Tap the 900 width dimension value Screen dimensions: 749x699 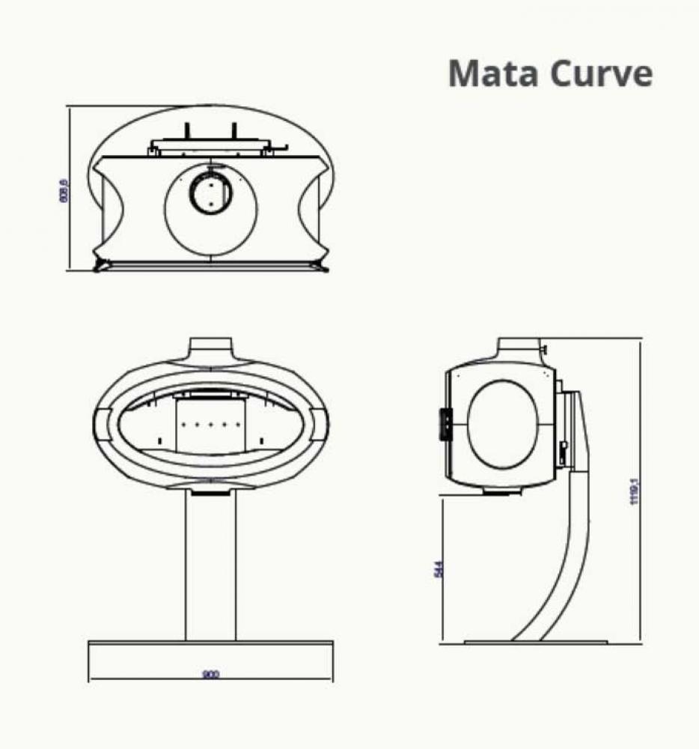pyautogui.click(x=210, y=674)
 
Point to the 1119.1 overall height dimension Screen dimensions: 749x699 pyautogui.click(x=634, y=491)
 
